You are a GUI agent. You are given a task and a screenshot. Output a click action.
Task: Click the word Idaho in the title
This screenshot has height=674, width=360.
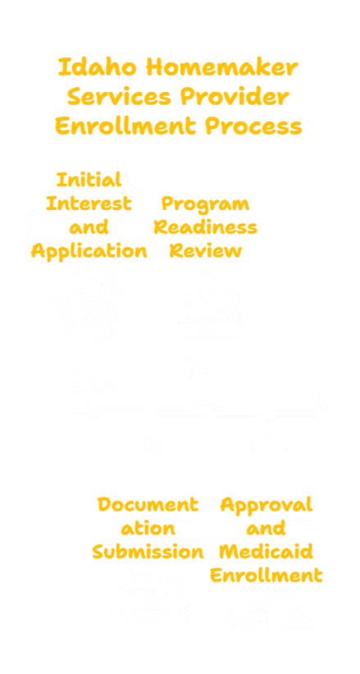[x=98, y=67]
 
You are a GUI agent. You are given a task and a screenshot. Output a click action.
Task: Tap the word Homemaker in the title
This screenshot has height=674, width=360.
[x=221, y=67]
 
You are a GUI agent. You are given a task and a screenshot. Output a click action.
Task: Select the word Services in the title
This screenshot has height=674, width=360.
[x=119, y=97]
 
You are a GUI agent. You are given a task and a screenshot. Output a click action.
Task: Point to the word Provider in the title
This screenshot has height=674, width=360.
[x=235, y=97]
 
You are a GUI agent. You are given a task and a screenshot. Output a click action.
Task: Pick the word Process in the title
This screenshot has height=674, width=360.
[x=253, y=126]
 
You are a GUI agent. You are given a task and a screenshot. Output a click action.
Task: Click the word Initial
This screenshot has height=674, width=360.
[x=89, y=180]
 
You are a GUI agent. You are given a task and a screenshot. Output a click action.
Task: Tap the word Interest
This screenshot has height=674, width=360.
[x=89, y=203]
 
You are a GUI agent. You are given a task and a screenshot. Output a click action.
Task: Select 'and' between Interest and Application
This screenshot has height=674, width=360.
[x=89, y=227]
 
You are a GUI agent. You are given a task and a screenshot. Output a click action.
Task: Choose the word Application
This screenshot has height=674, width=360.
[x=89, y=252]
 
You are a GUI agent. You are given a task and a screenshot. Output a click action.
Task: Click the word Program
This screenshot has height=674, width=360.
[x=205, y=204]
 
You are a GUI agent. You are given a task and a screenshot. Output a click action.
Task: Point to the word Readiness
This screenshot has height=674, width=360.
[x=206, y=227]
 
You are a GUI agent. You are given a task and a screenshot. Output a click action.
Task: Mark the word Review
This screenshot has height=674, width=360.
[x=206, y=252]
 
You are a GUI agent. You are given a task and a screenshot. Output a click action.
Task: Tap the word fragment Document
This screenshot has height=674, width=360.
[x=148, y=504]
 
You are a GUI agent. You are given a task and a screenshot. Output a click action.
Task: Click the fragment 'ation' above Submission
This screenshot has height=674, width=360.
[x=148, y=529]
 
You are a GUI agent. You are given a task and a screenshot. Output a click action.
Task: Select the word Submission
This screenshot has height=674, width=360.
[x=148, y=553]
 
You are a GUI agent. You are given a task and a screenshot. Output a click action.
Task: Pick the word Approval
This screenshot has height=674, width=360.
[x=267, y=505]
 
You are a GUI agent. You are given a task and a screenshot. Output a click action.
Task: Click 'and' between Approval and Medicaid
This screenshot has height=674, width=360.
[x=267, y=529]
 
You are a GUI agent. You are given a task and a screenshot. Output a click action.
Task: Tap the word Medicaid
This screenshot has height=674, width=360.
[x=267, y=553]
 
